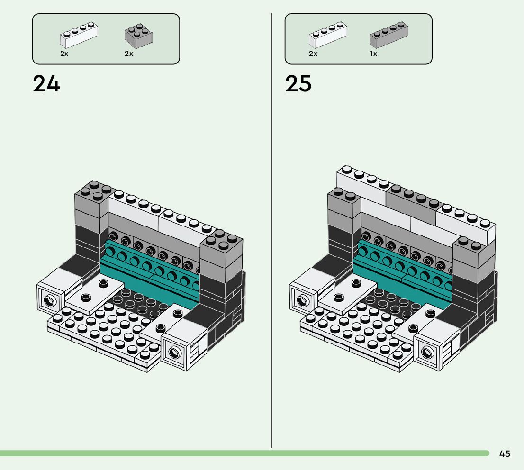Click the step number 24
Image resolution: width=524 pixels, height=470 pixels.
click(x=46, y=84)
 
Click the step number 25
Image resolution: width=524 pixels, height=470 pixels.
click(x=298, y=84)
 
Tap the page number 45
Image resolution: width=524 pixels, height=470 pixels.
click(x=505, y=453)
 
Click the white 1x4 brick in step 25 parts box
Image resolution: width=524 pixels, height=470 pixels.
click(x=328, y=35)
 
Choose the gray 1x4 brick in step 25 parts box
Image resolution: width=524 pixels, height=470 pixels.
click(x=388, y=35)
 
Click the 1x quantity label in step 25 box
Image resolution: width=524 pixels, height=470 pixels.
click(x=373, y=54)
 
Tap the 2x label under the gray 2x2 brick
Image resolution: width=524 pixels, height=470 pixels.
click(x=129, y=54)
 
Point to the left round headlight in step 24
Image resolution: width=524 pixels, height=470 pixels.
click(x=48, y=300)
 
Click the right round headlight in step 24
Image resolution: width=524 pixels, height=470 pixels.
click(x=174, y=352)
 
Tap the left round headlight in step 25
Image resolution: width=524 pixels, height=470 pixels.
click(x=301, y=300)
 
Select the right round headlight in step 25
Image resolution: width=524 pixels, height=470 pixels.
click(x=427, y=352)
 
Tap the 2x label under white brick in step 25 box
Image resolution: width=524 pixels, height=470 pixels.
click(x=313, y=54)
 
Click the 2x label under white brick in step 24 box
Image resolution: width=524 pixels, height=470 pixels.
click(x=64, y=54)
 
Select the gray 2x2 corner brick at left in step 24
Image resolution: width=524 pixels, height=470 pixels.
click(x=92, y=201)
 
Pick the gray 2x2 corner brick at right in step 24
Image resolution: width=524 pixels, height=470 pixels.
click(x=221, y=251)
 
